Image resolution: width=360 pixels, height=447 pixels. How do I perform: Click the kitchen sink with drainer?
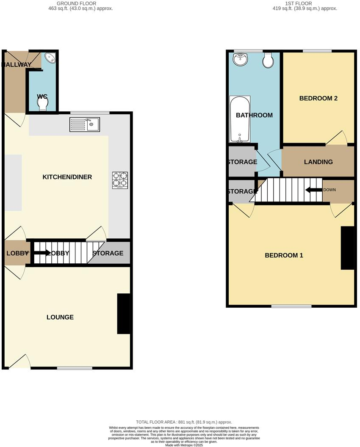point(85,124)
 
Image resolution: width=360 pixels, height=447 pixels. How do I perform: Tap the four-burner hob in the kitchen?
point(120,180)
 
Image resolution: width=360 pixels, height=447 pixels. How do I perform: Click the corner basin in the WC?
point(51,58)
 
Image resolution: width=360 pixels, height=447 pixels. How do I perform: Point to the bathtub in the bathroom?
point(240,119)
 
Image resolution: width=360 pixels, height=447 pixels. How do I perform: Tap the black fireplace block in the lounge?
point(123,314)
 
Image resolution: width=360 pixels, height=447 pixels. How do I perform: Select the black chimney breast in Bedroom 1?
point(347,248)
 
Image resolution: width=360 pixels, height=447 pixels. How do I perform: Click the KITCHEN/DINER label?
point(67,177)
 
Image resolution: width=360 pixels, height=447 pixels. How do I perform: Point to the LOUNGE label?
point(60,317)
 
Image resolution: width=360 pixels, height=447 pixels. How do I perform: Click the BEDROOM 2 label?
point(318,98)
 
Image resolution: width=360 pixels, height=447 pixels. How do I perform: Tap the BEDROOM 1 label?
point(284,255)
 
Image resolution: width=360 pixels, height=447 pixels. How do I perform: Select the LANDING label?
point(318,162)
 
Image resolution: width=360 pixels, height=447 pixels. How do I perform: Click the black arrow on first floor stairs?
point(313,190)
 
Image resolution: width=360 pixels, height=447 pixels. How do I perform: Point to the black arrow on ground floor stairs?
point(41,253)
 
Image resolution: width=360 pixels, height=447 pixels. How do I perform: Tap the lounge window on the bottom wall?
point(75,368)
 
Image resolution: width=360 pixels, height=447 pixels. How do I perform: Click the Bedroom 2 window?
point(317,51)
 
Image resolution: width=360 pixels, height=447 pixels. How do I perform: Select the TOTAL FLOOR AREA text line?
point(184,422)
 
